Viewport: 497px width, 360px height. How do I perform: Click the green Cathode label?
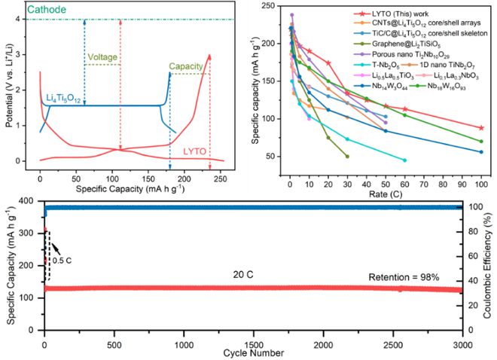pyautogui.click(x=25, y=9)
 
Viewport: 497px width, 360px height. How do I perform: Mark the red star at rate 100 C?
pyautogui.click(x=481, y=128)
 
